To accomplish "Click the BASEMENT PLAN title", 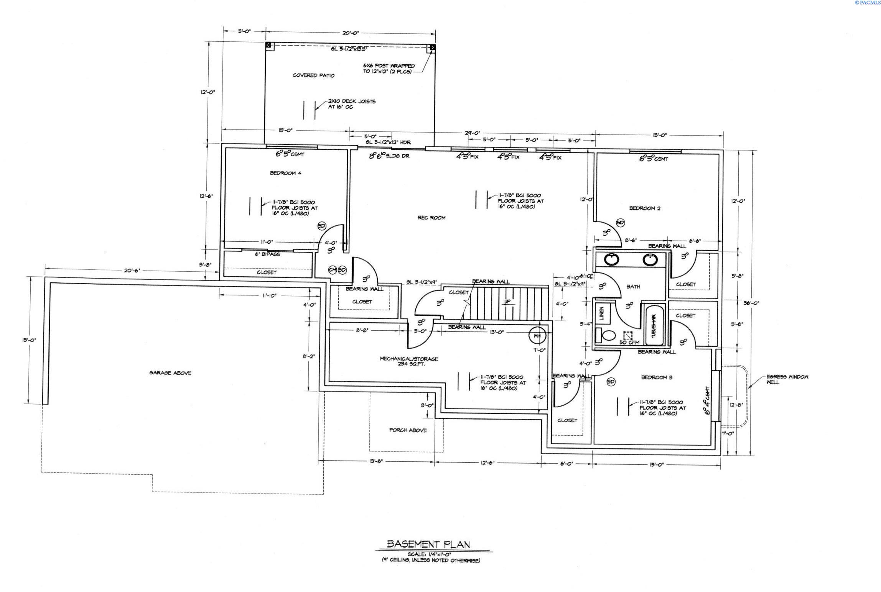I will click(x=428, y=544).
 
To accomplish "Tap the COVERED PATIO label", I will click(x=313, y=75).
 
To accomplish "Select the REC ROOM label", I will click(x=431, y=218).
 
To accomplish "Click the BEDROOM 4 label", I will click(x=285, y=173).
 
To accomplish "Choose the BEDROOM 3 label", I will click(x=656, y=377).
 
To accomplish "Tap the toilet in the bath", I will click(x=608, y=336).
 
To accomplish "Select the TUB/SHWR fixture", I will click(x=653, y=326).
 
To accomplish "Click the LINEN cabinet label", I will click(x=601, y=313).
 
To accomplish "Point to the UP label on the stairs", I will click(x=507, y=302).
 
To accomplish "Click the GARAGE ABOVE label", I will click(x=170, y=373).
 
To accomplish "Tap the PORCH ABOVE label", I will click(x=408, y=430).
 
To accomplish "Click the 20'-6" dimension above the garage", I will click(x=132, y=271).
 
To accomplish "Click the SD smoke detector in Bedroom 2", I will click(x=620, y=223).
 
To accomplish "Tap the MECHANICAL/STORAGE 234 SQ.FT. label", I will click(x=408, y=361).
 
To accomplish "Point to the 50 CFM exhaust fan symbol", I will click(x=627, y=336).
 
